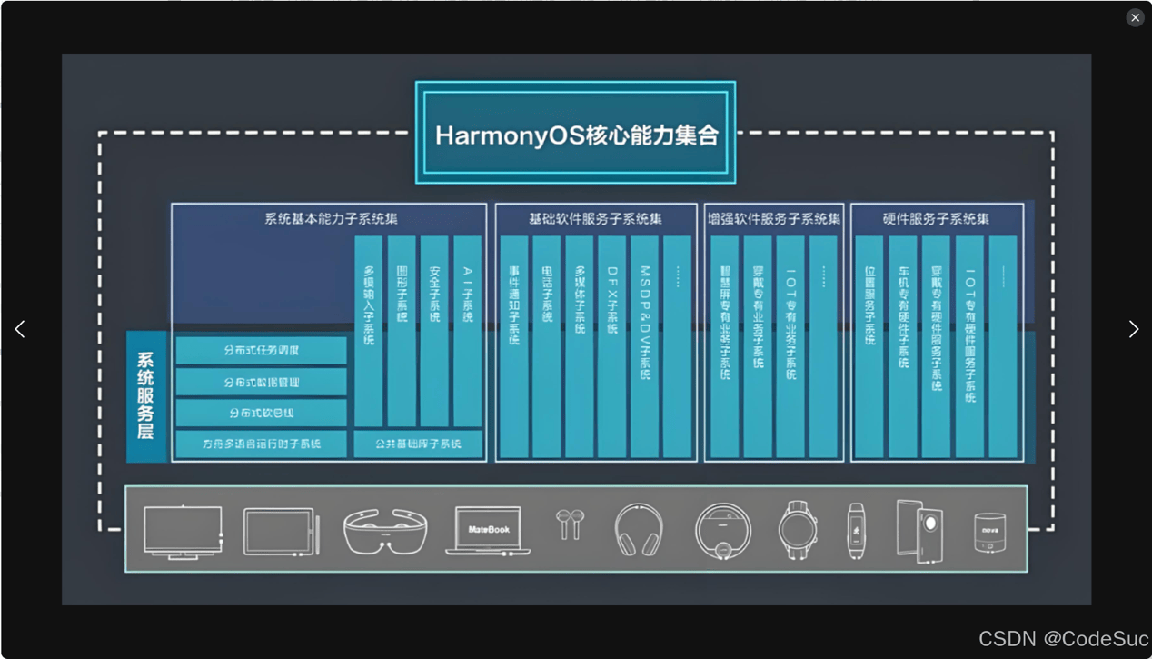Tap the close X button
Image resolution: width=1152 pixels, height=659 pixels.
(1135, 17)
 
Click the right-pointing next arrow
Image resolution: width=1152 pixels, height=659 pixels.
(1133, 329)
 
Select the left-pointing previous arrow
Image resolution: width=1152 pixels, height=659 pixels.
(20, 329)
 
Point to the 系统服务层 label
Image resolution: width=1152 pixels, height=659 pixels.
(145, 396)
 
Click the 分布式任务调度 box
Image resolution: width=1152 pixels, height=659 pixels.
(262, 351)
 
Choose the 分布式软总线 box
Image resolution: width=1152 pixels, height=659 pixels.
(262, 413)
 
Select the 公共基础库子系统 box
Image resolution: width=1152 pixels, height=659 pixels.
(419, 444)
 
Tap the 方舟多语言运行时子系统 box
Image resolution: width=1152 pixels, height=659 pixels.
(262, 444)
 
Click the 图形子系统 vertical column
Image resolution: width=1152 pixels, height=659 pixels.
(402, 331)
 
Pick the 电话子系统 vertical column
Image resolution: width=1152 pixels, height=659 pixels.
(546, 345)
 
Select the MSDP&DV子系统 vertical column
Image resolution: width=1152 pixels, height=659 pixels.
(644, 345)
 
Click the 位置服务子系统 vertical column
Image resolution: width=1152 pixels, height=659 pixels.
(869, 345)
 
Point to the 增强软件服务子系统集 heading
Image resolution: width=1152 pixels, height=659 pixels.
(774, 219)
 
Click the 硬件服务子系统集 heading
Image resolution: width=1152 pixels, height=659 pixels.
(936, 219)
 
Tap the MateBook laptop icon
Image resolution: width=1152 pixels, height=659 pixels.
(488, 530)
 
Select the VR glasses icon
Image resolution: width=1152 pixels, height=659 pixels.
(385, 531)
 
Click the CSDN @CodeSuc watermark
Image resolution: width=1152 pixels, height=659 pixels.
(1063, 639)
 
